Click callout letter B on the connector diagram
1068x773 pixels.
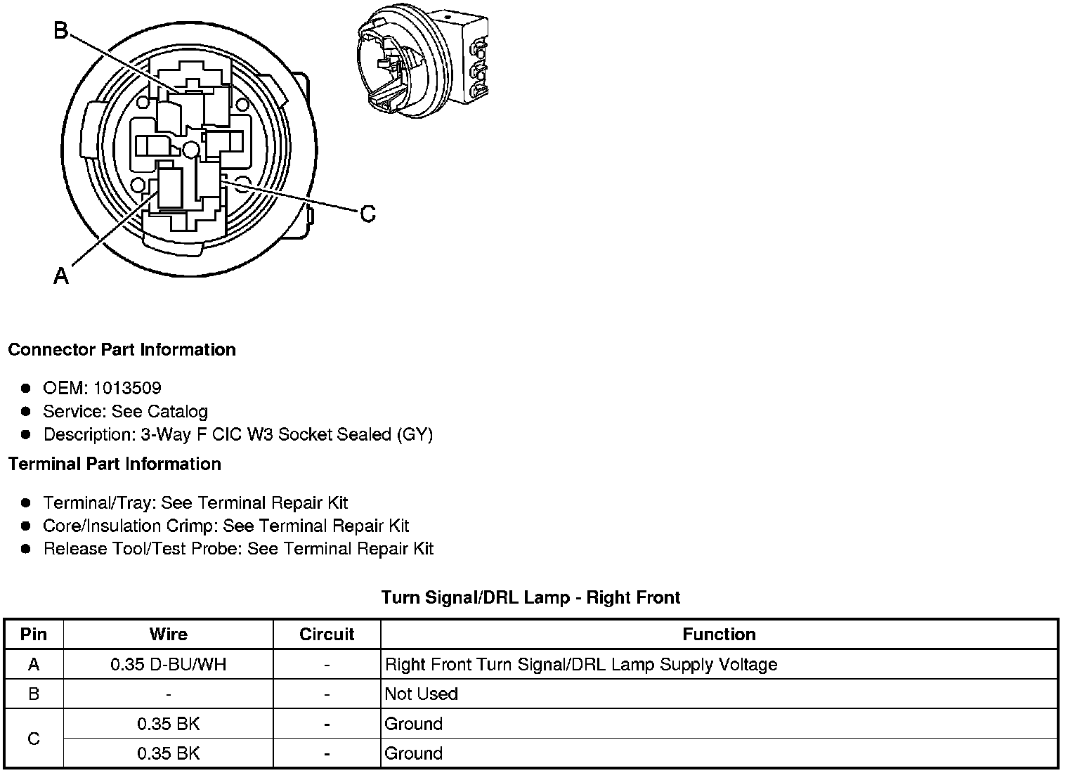click(61, 31)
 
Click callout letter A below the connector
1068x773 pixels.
click(61, 276)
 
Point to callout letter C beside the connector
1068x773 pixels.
click(367, 214)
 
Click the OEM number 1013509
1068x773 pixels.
click(127, 388)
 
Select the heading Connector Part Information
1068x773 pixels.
click(122, 350)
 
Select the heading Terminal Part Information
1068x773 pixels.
click(115, 465)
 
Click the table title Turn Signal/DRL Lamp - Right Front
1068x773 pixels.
click(530, 598)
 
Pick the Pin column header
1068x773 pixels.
click(34, 635)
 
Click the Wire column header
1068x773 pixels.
click(169, 635)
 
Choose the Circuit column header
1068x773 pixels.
click(327, 635)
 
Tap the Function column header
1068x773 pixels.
click(719, 635)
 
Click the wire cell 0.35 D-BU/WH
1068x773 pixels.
click(169, 665)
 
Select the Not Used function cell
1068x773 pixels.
click(422, 694)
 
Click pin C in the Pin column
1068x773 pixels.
click(34, 739)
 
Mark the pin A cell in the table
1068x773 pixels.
click(34, 665)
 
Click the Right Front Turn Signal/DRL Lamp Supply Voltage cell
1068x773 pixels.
click(581, 665)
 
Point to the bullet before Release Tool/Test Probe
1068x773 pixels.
click(26, 549)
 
